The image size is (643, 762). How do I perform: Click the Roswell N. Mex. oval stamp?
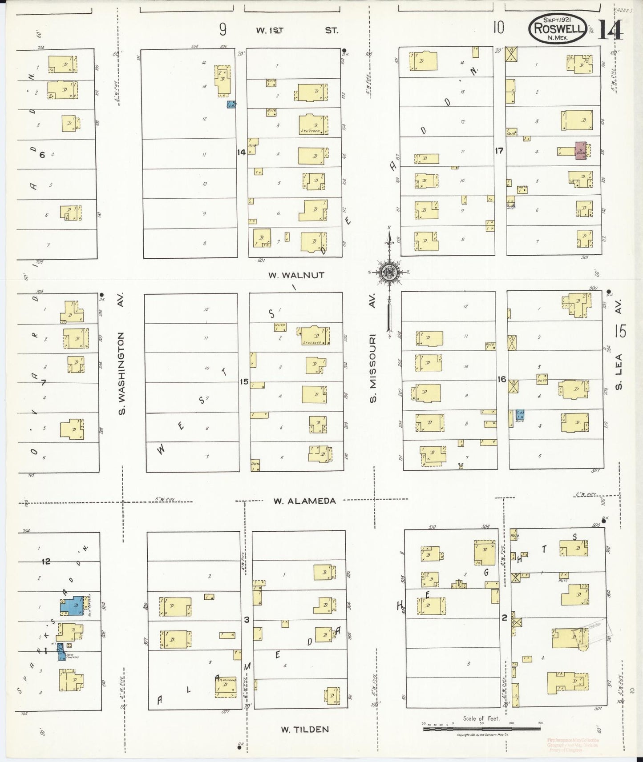558,28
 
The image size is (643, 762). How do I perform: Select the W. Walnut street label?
296,275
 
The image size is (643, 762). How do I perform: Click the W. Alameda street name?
304,501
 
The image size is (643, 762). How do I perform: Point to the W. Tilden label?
305,730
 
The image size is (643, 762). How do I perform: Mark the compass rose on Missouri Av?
389,272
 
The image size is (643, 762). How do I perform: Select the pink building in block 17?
581,151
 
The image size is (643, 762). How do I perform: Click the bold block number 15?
244,382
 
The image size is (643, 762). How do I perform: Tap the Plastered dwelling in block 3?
226,687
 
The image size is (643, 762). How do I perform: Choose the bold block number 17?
499,151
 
